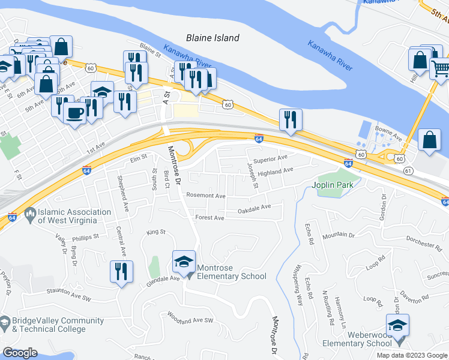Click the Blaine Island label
click(x=212, y=38)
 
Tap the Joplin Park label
click(x=332, y=184)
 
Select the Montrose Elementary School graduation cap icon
click(x=184, y=262)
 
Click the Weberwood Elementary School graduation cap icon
click(x=397, y=326)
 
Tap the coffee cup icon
click(x=75, y=112)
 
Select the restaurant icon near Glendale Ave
click(x=121, y=272)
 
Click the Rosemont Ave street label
click(x=205, y=196)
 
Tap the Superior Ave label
click(x=270, y=160)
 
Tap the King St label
click(x=155, y=232)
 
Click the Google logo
click(x=20, y=353)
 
